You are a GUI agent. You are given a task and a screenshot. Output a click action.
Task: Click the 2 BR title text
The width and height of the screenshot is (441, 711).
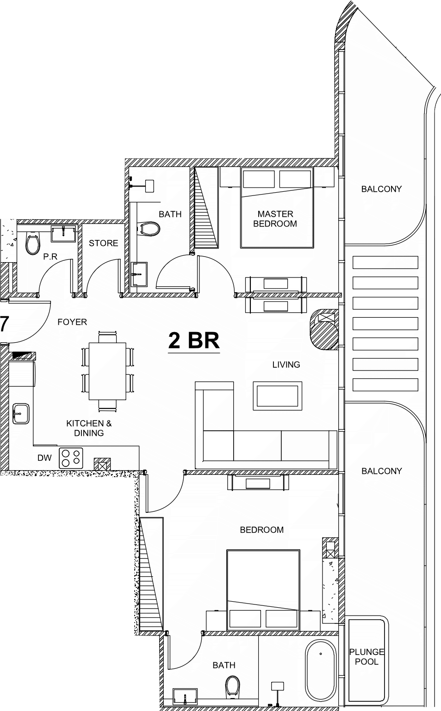pos(194,340)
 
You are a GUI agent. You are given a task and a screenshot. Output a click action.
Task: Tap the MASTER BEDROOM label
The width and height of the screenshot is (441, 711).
pos(275,219)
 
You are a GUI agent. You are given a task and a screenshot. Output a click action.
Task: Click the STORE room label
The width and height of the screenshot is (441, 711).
pos(103,243)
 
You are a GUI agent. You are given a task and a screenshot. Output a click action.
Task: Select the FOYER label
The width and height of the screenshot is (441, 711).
pos(72,322)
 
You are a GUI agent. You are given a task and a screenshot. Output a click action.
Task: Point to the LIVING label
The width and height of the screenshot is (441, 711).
pos(286,365)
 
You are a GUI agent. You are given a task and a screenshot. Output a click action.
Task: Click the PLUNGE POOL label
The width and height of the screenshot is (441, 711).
pos(367,657)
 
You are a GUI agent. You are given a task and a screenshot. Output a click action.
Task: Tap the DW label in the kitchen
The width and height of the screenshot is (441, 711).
pos(44,458)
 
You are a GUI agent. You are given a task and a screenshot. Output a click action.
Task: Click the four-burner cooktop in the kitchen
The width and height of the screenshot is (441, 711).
pos(71,458)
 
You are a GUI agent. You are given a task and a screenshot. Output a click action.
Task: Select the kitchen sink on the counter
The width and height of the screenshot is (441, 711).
pos(21,414)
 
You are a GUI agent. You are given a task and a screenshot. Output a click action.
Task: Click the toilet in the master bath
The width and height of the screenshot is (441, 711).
pos(149,228)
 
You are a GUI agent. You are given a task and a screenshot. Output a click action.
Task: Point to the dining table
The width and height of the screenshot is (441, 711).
pos(107,371)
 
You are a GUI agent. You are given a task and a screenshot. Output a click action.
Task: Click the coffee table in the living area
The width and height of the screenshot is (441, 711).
pos(277,396)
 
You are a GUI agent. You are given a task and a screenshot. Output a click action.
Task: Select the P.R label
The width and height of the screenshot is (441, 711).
pos(50,257)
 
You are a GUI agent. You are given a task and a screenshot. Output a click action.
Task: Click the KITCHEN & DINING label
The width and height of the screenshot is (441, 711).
pos(89,428)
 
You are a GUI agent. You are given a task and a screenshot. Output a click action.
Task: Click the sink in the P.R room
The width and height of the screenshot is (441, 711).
pos(64,234)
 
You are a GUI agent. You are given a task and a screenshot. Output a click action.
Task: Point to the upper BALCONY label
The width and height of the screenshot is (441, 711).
pos(382,189)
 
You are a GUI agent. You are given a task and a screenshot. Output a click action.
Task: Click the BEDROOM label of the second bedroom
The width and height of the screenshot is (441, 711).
pos(262,530)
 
